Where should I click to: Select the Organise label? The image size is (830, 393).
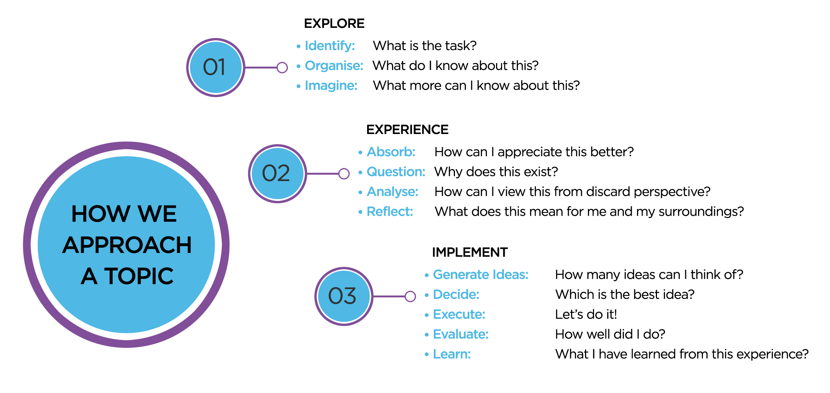point(334,66)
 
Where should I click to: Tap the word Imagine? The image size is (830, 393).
point(331,86)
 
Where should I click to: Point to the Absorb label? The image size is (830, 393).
point(391,152)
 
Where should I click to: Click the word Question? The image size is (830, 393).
point(396,172)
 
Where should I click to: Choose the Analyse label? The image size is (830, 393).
point(392,192)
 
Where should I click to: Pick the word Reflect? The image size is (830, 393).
point(390,212)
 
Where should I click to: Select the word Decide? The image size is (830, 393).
point(456,295)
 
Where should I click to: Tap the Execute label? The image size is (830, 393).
point(459,315)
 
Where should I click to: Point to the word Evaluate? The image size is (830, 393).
point(461,334)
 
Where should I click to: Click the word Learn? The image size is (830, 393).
point(452,354)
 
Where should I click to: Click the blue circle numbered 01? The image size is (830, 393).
point(215,67)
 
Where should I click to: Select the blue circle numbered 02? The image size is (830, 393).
point(277,174)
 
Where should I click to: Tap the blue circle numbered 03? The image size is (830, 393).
point(343,296)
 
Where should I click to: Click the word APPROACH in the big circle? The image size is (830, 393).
point(127,245)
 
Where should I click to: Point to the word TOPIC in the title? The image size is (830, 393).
point(139,276)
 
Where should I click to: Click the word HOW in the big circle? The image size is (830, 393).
point(101,214)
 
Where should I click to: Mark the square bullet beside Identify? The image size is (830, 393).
point(299,46)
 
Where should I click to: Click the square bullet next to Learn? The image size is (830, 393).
point(427,354)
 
